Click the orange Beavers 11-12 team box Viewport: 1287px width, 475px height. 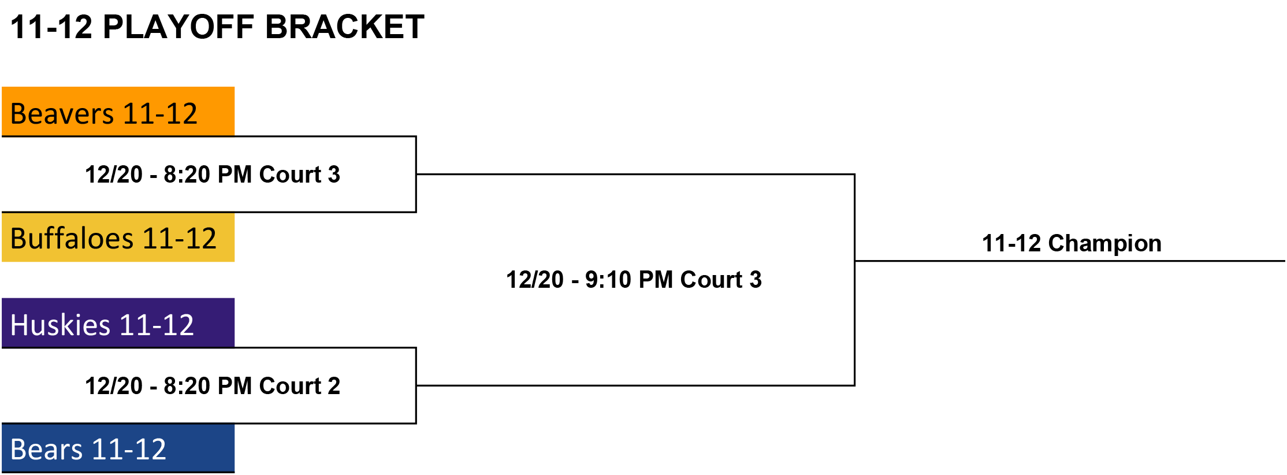(118, 112)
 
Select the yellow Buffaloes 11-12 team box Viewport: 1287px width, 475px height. (118, 237)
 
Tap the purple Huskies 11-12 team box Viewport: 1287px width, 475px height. (118, 323)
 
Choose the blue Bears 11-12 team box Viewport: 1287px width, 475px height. (118, 448)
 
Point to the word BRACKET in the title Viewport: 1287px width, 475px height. (345, 27)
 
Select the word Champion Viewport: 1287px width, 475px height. (1104, 244)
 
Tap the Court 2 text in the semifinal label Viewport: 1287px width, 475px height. (300, 386)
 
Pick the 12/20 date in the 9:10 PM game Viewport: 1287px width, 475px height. (535, 280)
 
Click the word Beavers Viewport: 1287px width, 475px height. (62, 114)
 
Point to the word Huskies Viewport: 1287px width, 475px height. (60, 325)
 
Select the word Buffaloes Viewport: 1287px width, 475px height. (72, 239)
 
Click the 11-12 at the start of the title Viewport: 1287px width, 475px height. (51, 27)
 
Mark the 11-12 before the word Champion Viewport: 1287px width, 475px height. (1011, 244)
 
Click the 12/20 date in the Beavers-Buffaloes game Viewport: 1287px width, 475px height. (114, 175)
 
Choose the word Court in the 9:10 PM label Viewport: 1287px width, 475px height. (711, 280)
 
